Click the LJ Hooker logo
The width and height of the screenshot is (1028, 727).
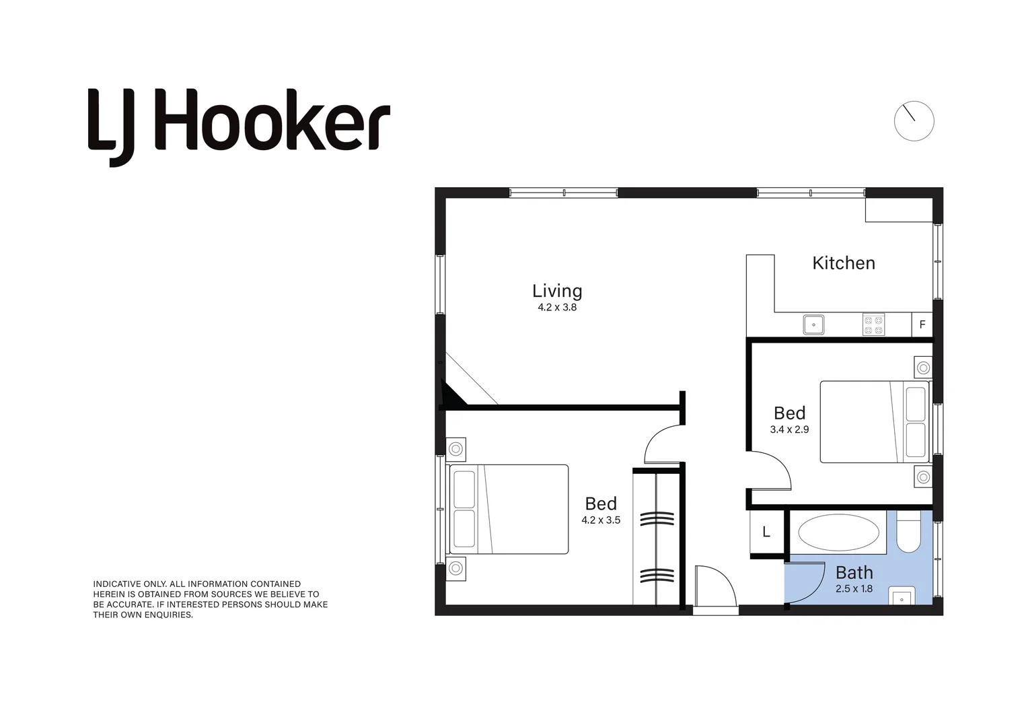tap(239, 126)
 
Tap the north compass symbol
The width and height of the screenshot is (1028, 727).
tap(914, 121)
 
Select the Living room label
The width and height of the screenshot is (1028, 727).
tap(557, 291)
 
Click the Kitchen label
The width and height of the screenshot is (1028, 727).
tap(844, 263)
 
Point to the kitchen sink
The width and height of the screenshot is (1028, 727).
tap(813, 324)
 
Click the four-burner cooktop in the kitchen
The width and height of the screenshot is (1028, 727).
tap(873, 325)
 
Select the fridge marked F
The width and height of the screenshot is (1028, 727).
tap(922, 324)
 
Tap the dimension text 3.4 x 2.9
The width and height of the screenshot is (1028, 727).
tap(789, 429)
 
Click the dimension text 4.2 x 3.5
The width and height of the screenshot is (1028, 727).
tap(601, 520)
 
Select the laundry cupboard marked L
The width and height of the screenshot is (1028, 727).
tap(766, 532)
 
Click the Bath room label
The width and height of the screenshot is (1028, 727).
tap(854, 572)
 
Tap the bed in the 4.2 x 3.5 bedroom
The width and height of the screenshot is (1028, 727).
tap(509, 510)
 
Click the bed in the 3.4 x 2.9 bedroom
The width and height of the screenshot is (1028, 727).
tap(874, 421)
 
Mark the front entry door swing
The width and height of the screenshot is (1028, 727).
tap(715, 586)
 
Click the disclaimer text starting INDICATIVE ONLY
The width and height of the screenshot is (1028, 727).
tap(210, 599)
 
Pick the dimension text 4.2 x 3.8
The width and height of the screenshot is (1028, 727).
tap(557, 308)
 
